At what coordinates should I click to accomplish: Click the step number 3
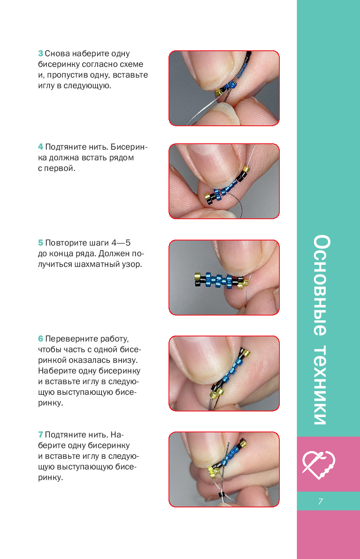pos(41,54)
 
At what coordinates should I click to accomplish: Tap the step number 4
pos(41,147)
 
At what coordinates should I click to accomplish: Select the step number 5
pos(41,243)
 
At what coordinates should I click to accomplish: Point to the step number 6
pos(41,339)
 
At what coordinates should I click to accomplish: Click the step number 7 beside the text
pos(41,435)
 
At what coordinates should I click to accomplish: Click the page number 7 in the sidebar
pos(321,501)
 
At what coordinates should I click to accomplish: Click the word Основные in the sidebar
pos(322,285)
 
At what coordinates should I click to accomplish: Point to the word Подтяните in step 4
pos(66,147)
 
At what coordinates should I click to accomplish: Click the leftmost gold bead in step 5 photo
pos(198,276)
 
